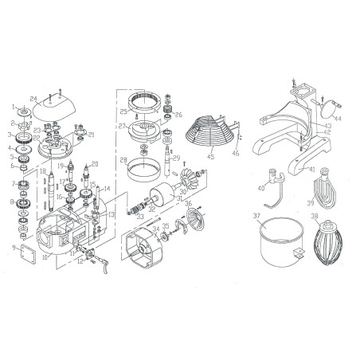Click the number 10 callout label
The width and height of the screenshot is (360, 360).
click(46, 259)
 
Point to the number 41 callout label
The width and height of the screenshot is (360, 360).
click(312, 169)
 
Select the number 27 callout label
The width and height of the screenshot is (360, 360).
click(121, 126)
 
